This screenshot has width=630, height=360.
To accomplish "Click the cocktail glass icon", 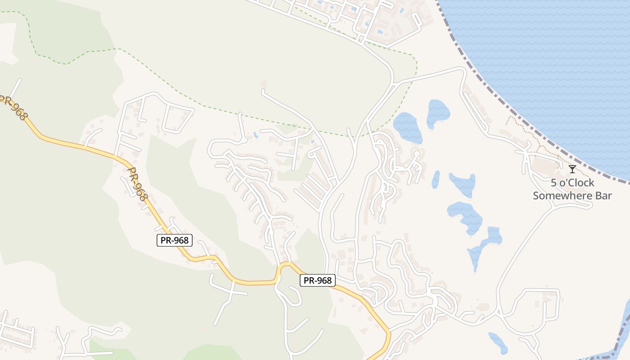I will (572, 169).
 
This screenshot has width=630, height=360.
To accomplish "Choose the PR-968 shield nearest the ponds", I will (318, 280).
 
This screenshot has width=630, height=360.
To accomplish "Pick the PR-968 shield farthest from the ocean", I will (175, 240).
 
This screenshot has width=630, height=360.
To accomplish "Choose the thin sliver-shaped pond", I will (436, 179).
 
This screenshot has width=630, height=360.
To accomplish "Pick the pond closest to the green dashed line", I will (407, 127).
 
